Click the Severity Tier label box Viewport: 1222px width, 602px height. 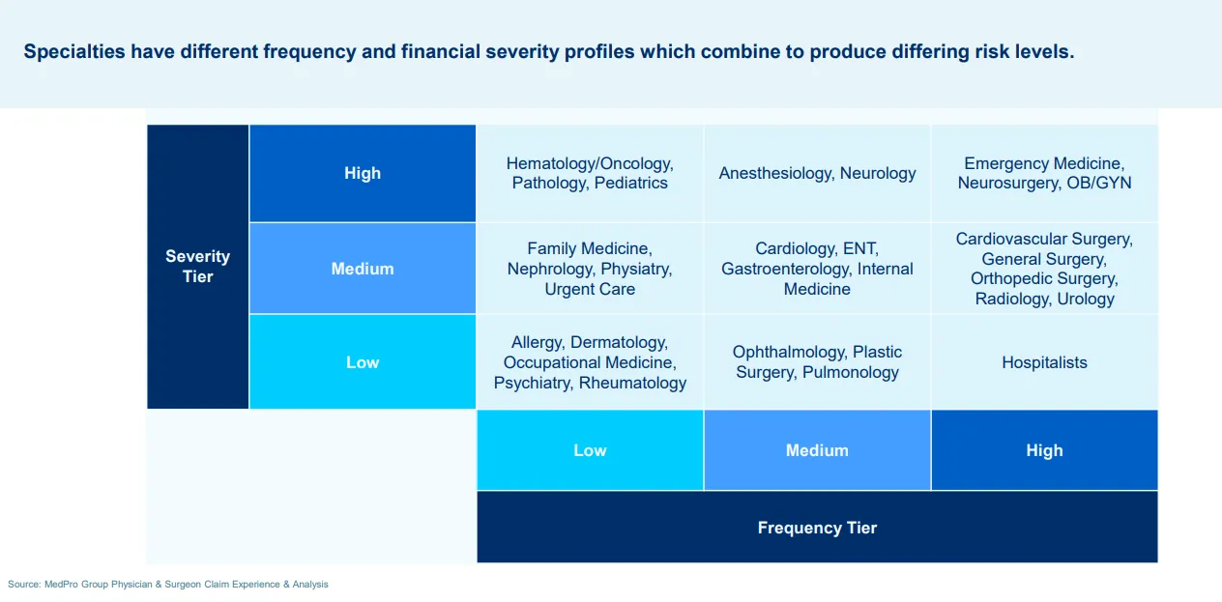point(197,267)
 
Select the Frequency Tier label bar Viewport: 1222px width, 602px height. point(817,528)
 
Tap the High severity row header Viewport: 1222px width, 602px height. point(363,173)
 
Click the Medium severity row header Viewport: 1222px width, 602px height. point(363,269)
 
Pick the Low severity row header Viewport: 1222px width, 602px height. point(363,362)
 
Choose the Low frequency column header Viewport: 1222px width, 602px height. point(590,450)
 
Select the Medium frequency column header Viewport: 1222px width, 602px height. point(817,450)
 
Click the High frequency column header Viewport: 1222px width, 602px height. point(1044,450)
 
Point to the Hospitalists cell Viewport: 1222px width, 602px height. point(1044,362)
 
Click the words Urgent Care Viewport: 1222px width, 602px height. point(590,289)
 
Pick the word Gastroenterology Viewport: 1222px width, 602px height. point(785,269)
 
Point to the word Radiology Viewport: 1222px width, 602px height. point(1009,299)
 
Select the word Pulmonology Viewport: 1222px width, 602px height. point(851,372)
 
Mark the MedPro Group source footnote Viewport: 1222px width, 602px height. point(168,584)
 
